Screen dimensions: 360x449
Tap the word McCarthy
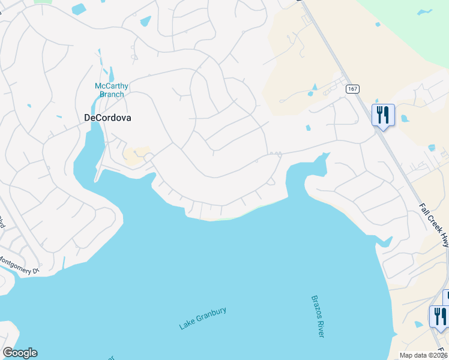[112, 86]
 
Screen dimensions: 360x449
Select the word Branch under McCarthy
[112, 94]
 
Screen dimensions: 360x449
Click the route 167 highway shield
[352, 89]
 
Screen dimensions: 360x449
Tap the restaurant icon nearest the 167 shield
[382, 114]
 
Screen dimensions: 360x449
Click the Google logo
[19, 353]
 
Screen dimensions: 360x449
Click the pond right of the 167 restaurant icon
[404, 118]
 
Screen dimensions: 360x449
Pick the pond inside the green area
[424, 12]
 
